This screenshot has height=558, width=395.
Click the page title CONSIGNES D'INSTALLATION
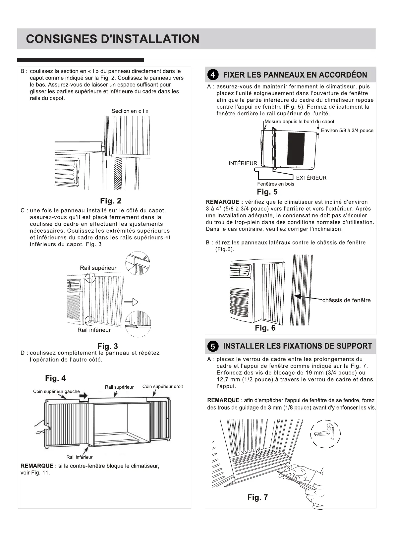click(x=113, y=39)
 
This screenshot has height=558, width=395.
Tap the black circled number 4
click(x=213, y=75)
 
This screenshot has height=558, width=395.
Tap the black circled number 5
click(x=213, y=347)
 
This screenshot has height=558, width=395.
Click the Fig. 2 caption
click(x=111, y=201)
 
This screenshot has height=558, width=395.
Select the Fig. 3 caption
click(x=107, y=346)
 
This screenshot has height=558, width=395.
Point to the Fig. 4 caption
click(x=55, y=378)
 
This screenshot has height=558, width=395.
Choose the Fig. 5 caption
click(x=267, y=192)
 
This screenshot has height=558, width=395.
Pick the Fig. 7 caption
click(x=257, y=497)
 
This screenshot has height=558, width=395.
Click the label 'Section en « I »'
click(x=130, y=111)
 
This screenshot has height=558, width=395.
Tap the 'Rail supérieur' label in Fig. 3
click(x=98, y=268)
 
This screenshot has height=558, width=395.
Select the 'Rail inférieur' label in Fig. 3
click(x=94, y=330)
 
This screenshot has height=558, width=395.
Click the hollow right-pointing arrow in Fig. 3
click(x=131, y=302)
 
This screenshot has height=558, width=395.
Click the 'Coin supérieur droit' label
click(x=162, y=386)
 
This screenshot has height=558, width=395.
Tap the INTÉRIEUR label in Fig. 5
click(x=243, y=163)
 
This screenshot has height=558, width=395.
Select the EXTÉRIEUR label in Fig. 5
click(x=311, y=178)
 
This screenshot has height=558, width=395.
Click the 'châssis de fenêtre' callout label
click(x=346, y=300)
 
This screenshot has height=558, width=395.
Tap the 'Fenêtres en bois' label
click(x=276, y=184)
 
